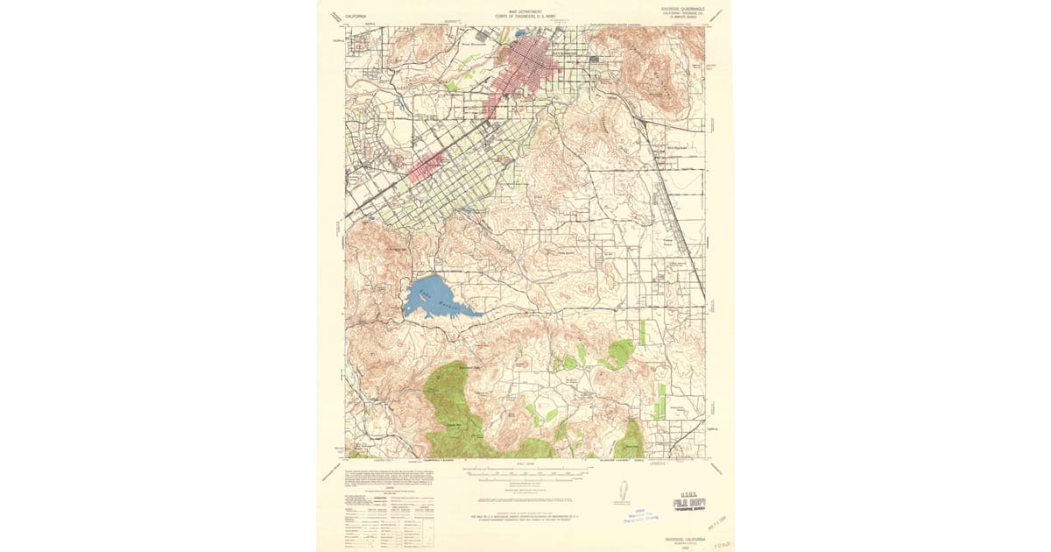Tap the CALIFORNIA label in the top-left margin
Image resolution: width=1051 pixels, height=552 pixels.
point(356,16)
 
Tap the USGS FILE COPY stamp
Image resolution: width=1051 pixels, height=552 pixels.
point(689,503)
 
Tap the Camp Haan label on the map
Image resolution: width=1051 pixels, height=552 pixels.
point(667,240)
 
